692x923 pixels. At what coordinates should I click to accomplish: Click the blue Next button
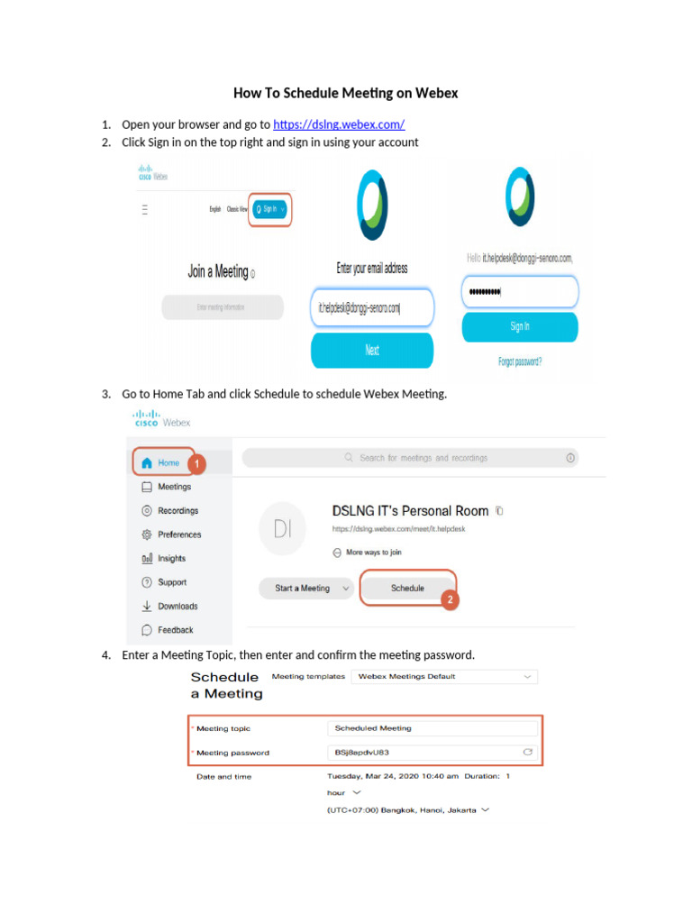pos(372,350)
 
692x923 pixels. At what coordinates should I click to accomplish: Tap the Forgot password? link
pos(520,361)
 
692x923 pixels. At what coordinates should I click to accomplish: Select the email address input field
pos(372,307)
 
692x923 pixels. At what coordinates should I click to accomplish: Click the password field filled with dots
pos(520,292)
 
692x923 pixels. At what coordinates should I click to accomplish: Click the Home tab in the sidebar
pos(163,462)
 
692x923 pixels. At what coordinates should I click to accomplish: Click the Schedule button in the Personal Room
pos(407,588)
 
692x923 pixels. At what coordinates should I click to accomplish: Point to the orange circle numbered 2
pos(450,598)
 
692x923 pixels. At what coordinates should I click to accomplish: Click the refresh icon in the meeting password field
pos(528,752)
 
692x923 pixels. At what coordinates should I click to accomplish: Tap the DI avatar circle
pos(282,529)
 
